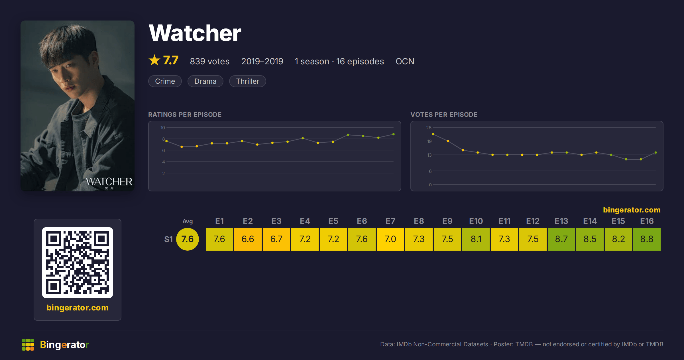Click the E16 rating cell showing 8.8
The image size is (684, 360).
[x=647, y=239]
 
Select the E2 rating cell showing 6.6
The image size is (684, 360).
[x=248, y=239]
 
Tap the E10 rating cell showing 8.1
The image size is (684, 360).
[x=476, y=239]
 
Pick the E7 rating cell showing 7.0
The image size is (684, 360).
[x=390, y=239]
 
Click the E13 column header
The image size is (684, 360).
[x=561, y=221]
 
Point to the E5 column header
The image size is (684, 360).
[x=333, y=221]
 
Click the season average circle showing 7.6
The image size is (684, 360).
[x=188, y=239]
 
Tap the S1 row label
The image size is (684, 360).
[x=168, y=239]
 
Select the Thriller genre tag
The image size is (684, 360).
[x=247, y=81]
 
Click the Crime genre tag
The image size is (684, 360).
[x=165, y=81]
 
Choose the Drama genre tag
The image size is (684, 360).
[x=205, y=81]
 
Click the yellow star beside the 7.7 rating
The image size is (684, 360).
[x=154, y=60]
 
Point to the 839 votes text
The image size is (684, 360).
[x=209, y=61]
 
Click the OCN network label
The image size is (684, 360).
[x=405, y=61]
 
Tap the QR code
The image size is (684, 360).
[x=78, y=263]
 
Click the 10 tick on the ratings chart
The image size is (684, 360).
[x=162, y=128]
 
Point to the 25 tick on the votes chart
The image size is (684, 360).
[x=429, y=128]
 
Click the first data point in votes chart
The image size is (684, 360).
[x=433, y=134]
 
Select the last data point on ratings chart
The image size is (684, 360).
[x=394, y=134]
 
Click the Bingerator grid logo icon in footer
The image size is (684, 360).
[x=28, y=345]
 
